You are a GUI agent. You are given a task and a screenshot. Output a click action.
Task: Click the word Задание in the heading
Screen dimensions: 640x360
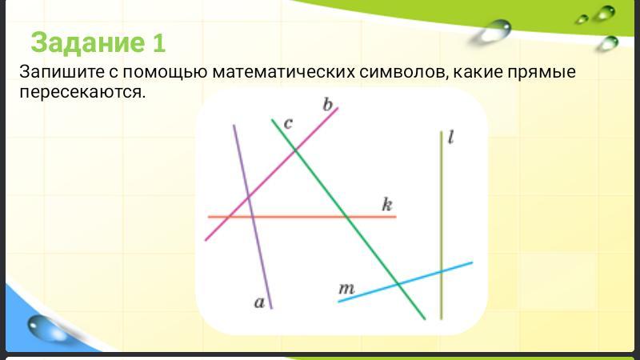coord(87,43)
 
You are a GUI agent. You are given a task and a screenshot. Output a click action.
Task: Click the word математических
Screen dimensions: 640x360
coord(284,72)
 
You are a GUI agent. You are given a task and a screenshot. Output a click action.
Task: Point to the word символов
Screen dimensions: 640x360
coord(404,72)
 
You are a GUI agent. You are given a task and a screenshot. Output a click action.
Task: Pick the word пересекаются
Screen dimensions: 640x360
coord(82,93)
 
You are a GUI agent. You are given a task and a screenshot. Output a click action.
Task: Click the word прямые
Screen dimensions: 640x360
coord(542,73)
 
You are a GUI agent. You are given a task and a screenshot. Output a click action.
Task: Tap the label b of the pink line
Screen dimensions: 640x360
coord(328,105)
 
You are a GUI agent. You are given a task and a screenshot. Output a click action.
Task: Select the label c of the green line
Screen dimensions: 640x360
coord(288,124)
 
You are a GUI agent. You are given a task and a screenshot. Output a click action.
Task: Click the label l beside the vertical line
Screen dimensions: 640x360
coord(450,137)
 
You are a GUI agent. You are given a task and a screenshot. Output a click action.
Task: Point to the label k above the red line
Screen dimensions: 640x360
coord(387,204)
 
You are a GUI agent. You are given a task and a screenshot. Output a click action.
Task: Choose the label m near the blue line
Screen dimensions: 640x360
coord(346,289)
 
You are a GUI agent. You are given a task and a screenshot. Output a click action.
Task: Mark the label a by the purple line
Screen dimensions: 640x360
coord(259,302)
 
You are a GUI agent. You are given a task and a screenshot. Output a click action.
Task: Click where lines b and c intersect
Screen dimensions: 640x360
coord(295,151)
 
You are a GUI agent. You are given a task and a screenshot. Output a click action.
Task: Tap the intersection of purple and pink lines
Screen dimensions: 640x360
coord(249,198)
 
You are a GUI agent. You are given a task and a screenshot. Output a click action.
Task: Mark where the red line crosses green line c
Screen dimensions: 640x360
coord(346,217)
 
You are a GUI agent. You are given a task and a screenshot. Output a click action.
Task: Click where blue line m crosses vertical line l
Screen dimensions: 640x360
coord(442,271)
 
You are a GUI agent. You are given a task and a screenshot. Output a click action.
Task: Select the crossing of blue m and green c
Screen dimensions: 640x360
coord(398,284)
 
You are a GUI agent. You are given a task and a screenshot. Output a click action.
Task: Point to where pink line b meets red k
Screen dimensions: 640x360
coord(230,217)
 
